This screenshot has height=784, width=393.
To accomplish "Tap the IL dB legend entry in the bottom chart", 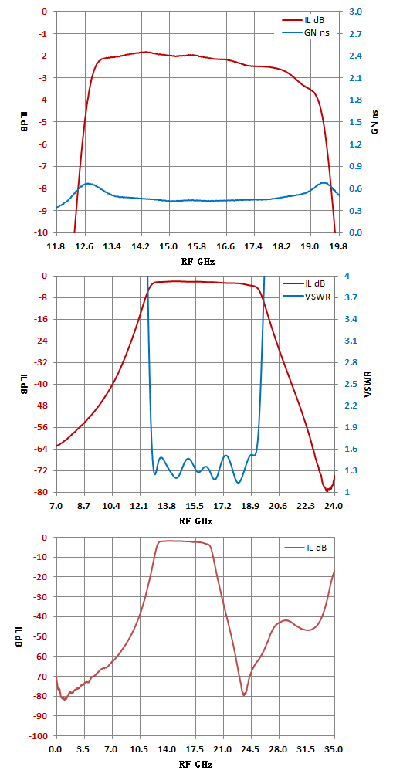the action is tap(306, 548).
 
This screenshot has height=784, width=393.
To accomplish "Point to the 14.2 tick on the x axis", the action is tap(141, 246).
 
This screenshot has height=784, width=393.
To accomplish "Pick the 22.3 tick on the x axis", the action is tap(306, 507).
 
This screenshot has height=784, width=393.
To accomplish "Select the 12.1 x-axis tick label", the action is tap(140, 507).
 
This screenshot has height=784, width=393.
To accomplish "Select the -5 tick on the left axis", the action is tap(45, 122).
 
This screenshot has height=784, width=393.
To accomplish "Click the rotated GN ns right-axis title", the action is tap(374, 122).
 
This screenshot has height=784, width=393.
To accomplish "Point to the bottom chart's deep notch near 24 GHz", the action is tap(244, 694).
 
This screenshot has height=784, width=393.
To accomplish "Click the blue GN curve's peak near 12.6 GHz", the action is tap(89, 184).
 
